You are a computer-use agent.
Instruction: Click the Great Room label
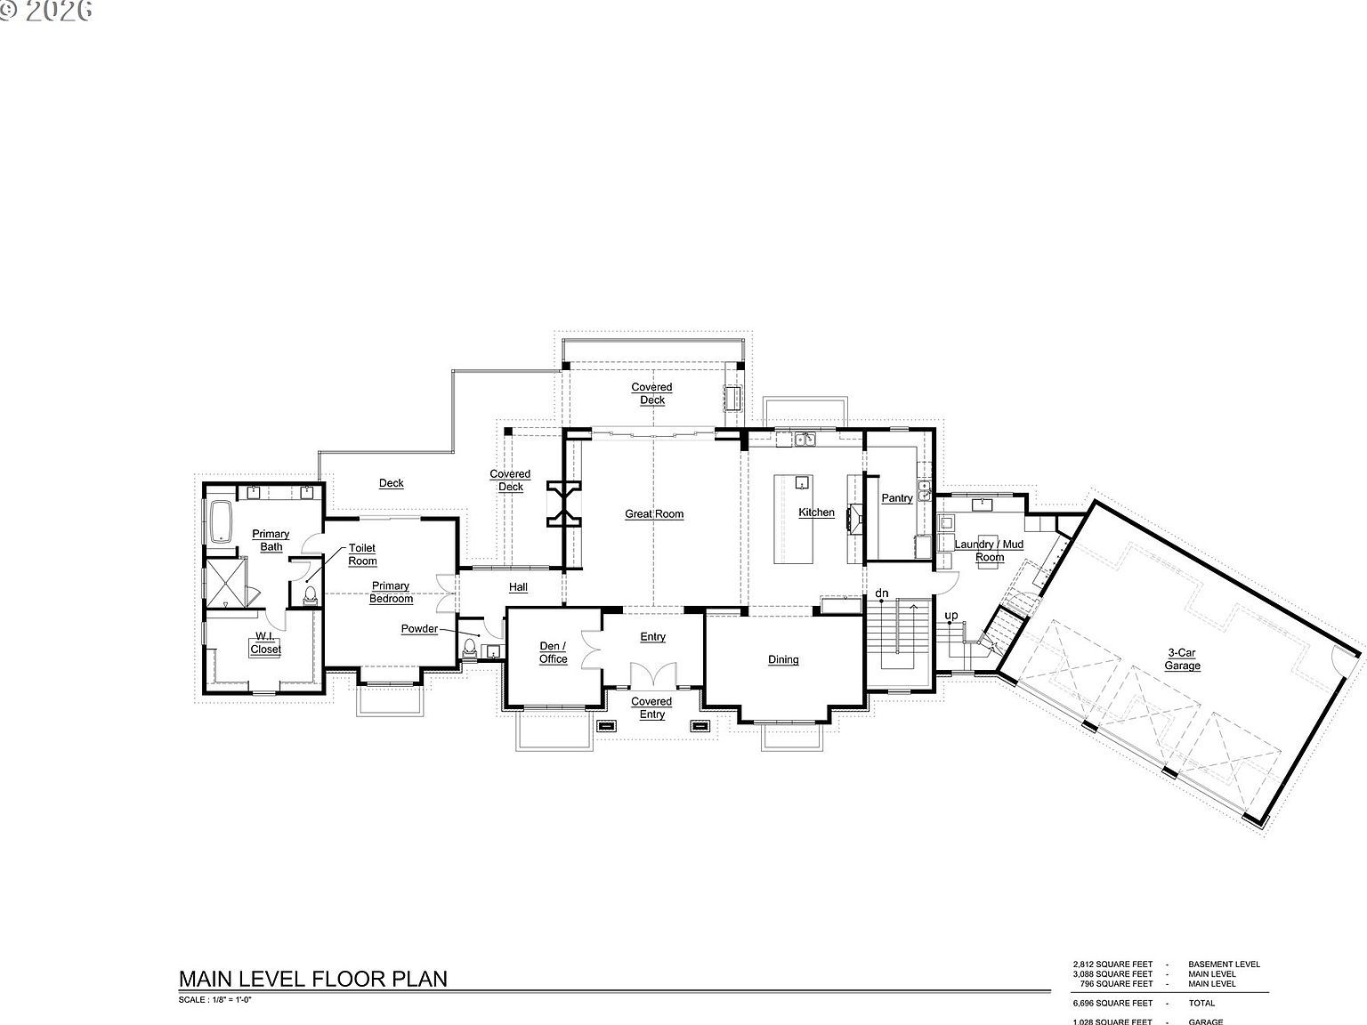tap(654, 514)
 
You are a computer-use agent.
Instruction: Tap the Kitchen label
tap(816, 512)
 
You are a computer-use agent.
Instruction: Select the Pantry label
tap(896, 498)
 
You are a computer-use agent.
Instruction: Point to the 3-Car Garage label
tap(1184, 659)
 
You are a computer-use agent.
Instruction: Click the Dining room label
tap(783, 660)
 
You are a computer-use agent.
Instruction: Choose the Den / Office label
tap(553, 653)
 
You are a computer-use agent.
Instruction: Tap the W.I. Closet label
tap(265, 643)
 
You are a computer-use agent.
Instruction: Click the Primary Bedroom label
tap(391, 593)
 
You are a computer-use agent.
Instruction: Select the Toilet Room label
tap(362, 554)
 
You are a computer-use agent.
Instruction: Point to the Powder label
tap(419, 629)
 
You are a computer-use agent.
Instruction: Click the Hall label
tap(518, 587)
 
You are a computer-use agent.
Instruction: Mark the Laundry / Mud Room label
tap(989, 551)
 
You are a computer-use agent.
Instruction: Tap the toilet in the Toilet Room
tap(310, 594)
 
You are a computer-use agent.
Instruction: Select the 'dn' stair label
tap(882, 593)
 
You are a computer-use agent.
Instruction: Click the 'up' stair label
tap(951, 616)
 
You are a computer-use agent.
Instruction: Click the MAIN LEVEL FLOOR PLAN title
tap(313, 979)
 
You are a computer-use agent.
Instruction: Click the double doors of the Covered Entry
tap(651, 675)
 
